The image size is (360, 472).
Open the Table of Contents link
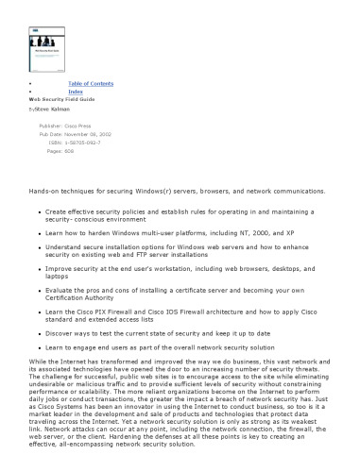pyautogui.click(x=91, y=84)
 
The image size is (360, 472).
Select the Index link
pyautogui.click(x=76, y=92)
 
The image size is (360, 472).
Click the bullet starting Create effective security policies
pyautogui.click(x=180, y=216)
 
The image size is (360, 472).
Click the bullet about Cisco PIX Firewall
pyautogui.click(x=180, y=313)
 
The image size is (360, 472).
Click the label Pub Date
pyautogui.click(x=50, y=134)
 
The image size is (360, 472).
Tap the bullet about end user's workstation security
pyautogui.click(x=180, y=274)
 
